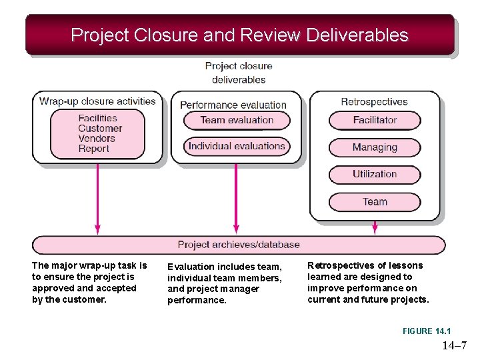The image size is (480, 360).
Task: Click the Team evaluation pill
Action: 237,120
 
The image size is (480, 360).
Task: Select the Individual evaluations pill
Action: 237,146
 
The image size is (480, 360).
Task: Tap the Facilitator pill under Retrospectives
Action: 375,120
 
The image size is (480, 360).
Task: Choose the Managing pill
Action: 375,147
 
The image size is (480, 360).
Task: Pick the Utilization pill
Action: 375,174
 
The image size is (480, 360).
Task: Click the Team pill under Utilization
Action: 375,201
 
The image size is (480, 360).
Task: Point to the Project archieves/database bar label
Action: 239,245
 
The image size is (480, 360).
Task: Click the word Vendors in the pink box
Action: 97,139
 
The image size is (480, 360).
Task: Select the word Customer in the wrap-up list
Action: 100,128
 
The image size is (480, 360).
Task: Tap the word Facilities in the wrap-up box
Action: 97,118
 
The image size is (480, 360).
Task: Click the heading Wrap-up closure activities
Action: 97,101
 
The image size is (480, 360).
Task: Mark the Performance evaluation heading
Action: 233,105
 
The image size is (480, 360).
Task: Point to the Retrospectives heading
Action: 374,102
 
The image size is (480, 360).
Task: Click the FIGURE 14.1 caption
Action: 427,331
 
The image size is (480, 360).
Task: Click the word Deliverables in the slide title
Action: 357,35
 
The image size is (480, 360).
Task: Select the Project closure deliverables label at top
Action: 239,73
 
